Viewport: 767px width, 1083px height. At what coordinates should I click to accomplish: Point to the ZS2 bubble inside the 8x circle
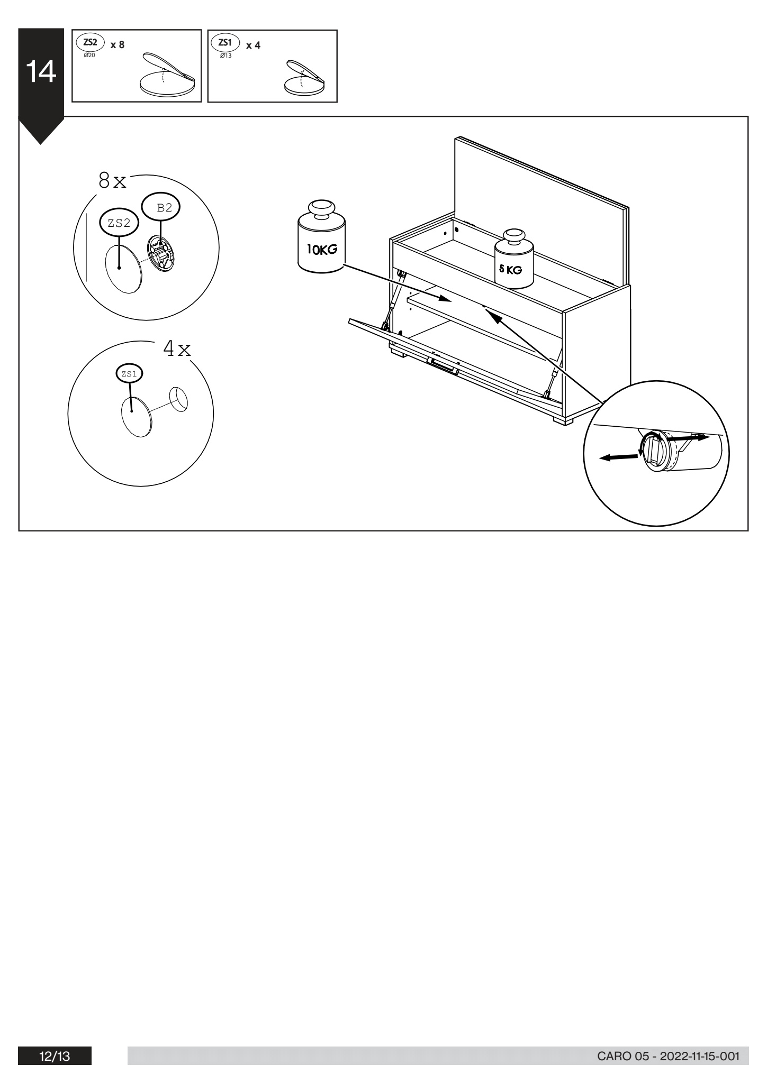119,223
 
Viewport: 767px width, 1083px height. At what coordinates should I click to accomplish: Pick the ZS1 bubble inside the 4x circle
130,373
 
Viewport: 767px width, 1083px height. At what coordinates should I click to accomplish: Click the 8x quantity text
112,181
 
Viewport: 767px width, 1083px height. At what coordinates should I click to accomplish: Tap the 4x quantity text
177,349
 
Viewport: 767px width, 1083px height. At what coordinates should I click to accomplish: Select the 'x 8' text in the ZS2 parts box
118,45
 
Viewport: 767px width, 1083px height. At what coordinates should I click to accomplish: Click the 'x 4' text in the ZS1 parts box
253,45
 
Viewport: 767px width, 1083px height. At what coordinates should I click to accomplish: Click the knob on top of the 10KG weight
321,208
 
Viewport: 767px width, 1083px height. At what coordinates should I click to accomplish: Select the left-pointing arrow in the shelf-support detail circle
619,457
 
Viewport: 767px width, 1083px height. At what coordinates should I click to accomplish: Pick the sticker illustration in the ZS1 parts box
304,78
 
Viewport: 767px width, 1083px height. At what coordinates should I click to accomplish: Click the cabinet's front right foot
563,421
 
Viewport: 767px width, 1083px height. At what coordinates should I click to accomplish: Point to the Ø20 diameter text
89,55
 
